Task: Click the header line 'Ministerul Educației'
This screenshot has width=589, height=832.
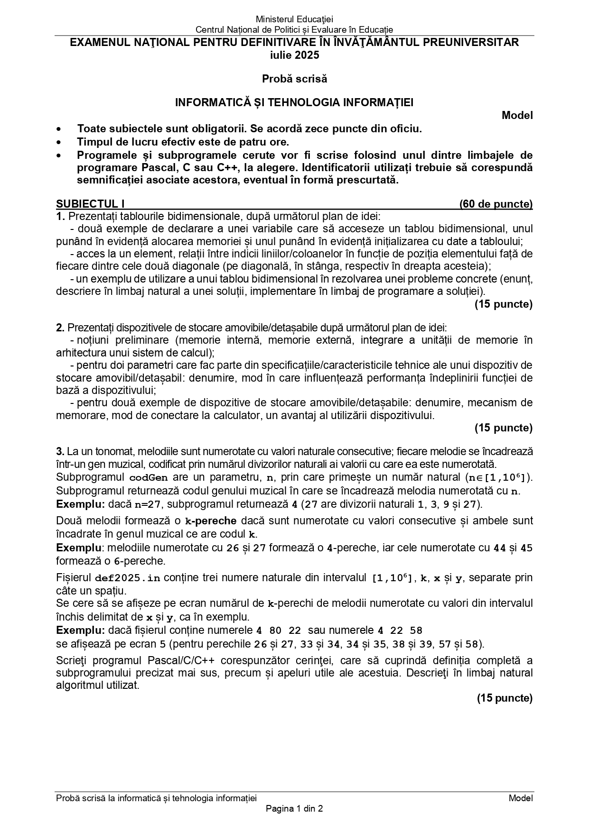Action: point(294,19)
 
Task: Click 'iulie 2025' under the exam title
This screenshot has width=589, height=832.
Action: point(294,55)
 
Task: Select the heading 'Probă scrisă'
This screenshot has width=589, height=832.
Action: point(294,79)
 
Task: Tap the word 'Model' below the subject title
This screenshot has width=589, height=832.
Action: point(517,115)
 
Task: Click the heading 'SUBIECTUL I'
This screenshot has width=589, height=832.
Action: point(90,204)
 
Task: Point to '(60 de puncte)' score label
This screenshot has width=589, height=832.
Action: point(496,204)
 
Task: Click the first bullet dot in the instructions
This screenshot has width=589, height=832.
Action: point(58,129)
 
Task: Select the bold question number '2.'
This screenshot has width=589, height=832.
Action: point(60,328)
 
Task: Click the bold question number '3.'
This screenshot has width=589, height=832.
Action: point(60,451)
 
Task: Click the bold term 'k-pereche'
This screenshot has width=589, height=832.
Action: point(210,521)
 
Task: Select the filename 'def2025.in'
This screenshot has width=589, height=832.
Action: point(121,578)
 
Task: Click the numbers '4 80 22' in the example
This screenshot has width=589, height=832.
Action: point(279,631)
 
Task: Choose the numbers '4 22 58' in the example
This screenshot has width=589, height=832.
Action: point(400,631)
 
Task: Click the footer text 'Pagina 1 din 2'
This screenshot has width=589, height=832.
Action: point(294,809)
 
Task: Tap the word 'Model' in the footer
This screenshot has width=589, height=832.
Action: point(521,798)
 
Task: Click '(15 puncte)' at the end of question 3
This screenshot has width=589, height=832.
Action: point(505,698)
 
